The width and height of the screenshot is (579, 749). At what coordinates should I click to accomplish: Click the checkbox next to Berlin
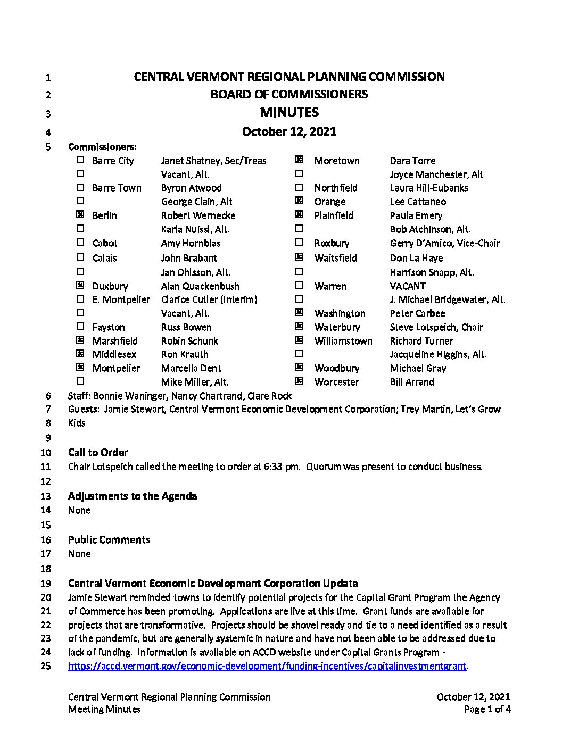pos(80,215)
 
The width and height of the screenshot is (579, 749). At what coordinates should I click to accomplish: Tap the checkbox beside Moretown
pos(299,160)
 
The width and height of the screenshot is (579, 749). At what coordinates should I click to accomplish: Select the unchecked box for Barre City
pos(80,160)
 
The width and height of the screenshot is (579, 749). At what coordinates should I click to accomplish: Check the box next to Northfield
pos(299,187)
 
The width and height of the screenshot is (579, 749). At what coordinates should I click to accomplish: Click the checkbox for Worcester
pos(299,381)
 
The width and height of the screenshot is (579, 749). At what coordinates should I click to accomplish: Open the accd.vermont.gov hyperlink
pos(267,666)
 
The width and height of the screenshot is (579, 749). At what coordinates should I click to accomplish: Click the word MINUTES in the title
pos(289,112)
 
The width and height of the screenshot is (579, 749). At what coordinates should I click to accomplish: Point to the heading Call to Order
pos(98,452)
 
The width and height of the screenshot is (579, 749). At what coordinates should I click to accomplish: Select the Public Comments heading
pos(109,539)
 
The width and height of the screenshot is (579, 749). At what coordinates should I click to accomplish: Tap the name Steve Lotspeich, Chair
pos(436,327)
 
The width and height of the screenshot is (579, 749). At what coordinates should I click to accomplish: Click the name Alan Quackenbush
pos(200,286)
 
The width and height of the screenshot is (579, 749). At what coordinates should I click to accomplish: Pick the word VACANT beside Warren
pos(408,286)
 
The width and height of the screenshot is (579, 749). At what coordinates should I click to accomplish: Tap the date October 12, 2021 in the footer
pos(473,697)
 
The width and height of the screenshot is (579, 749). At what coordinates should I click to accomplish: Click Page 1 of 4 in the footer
pos(487,709)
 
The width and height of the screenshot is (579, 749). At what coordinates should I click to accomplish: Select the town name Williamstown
pos(343,341)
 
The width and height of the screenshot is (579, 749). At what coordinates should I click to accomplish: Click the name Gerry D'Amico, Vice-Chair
pos(445,243)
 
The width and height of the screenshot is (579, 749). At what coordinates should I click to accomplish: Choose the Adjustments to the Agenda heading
pos(133,496)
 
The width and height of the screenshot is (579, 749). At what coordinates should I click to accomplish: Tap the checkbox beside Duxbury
pos(80,286)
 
